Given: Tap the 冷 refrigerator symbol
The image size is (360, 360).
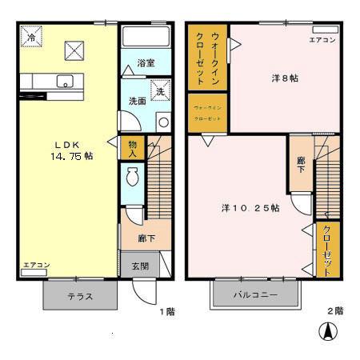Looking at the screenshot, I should [x=31, y=37].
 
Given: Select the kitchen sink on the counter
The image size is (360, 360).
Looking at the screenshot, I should [x=65, y=80].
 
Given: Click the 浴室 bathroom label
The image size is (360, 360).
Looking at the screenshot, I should [x=144, y=62].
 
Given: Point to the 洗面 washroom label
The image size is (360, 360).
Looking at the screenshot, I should [x=137, y=102].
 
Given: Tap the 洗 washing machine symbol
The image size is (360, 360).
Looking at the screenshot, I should [x=160, y=91].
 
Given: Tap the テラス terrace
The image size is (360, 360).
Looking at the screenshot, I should [x=79, y=296].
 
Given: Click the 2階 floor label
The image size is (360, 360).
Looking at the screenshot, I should [x=334, y=310].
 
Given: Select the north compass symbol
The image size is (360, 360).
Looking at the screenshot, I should [x=328, y=330].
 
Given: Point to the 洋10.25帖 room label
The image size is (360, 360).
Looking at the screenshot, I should [x=250, y=208].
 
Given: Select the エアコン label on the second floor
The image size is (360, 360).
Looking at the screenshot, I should [x=323, y=39].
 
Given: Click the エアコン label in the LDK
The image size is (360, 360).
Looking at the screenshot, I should [x=37, y=265].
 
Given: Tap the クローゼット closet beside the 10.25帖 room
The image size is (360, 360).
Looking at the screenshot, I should [x=327, y=250].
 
